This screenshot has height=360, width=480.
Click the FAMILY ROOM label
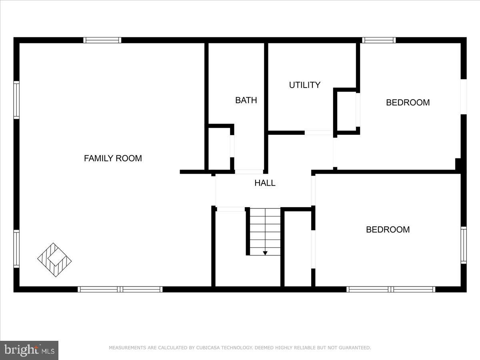click(x=113, y=158)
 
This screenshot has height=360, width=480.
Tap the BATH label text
click(x=246, y=100)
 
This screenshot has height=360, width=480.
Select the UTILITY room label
click(x=304, y=85)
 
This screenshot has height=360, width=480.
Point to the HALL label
click(x=265, y=183)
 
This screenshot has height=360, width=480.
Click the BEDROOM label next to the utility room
click(x=408, y=102)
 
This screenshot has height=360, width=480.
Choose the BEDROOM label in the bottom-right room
click(x=388, y=230)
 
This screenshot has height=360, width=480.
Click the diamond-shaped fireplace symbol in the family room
click(x=54, y=259)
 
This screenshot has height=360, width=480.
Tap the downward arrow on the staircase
click(x=265, y=253)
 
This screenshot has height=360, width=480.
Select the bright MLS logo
click(x=29, y=350)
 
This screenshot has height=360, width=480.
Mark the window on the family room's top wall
click(x=102, y=40)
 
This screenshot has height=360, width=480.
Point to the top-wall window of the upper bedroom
click(x=378, y=40)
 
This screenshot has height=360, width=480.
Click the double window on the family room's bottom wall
click(x=120, y=289)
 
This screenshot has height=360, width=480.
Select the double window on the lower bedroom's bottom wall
click(x=391, y=289)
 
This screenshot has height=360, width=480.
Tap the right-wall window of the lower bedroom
click(x=463, y=245)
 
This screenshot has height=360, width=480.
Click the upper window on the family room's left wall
click(x=16, y=100)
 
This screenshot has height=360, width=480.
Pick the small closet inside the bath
click(x=219, y=148)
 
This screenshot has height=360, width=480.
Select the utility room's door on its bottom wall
click(x=319, y=132)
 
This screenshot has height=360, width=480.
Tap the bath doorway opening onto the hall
click(x=248, y=172)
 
